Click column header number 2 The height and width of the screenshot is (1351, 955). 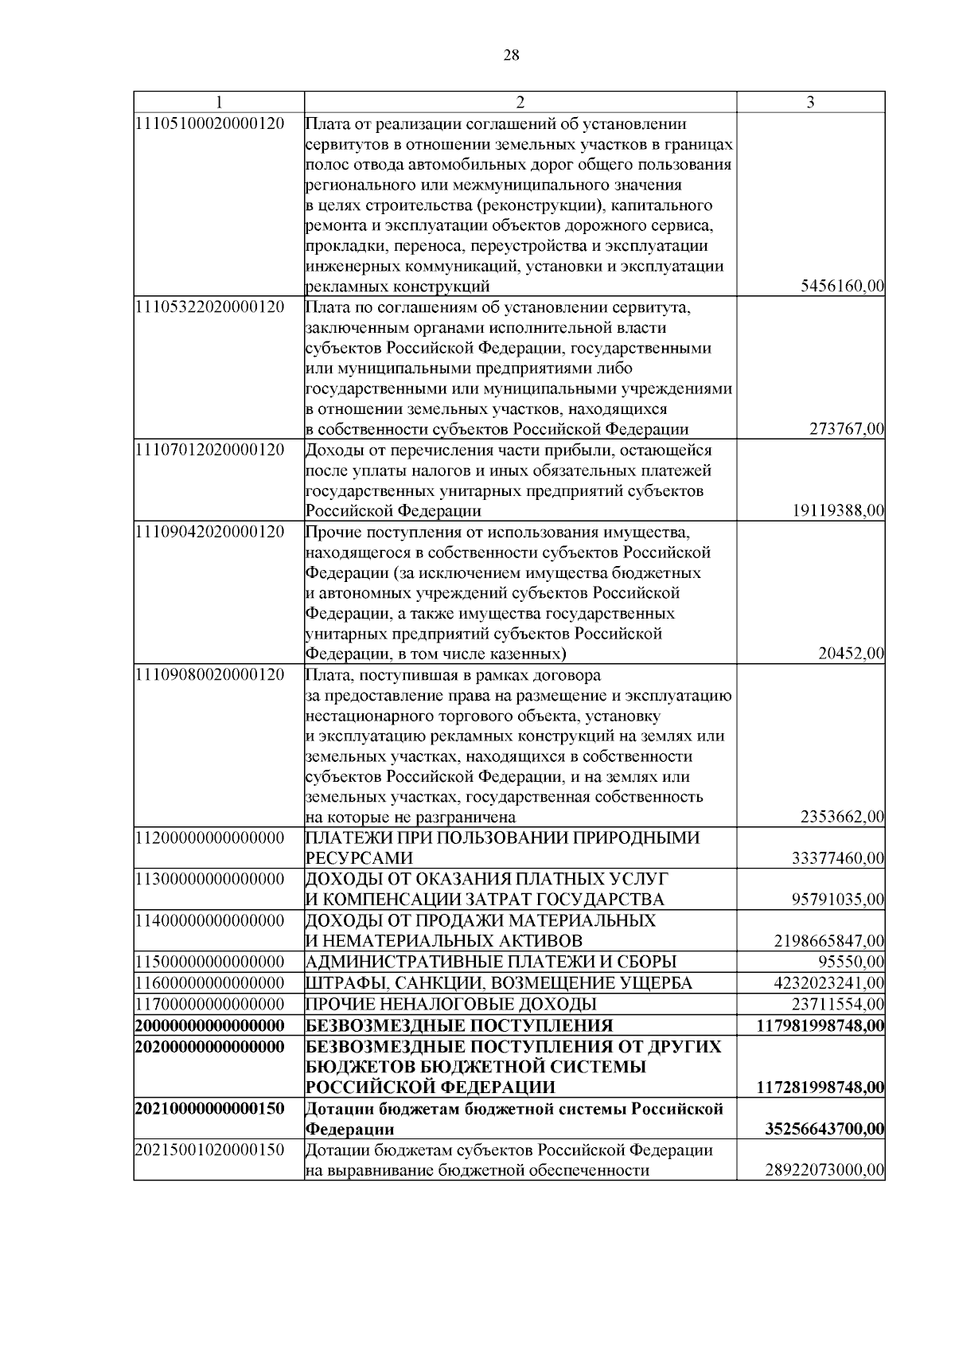520,102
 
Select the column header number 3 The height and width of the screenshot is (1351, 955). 810,102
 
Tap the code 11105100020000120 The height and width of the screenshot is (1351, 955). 211,124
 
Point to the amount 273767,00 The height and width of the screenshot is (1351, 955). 847,430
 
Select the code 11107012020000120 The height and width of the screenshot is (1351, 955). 211,450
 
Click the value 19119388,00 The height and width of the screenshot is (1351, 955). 838,511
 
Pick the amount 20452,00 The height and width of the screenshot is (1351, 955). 851,654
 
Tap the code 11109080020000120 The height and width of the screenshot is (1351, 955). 211,675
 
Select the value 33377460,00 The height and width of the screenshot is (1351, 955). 838,858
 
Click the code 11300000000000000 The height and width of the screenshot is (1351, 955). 211,879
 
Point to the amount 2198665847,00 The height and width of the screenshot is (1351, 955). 829,941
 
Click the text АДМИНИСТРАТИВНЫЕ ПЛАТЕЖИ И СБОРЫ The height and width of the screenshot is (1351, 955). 491,962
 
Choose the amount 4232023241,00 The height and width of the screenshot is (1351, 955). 829,982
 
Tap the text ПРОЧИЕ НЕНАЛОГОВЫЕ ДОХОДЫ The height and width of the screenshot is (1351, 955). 451,1004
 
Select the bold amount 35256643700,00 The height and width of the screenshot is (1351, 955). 824,1130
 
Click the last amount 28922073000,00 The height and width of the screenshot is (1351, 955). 824,1170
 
